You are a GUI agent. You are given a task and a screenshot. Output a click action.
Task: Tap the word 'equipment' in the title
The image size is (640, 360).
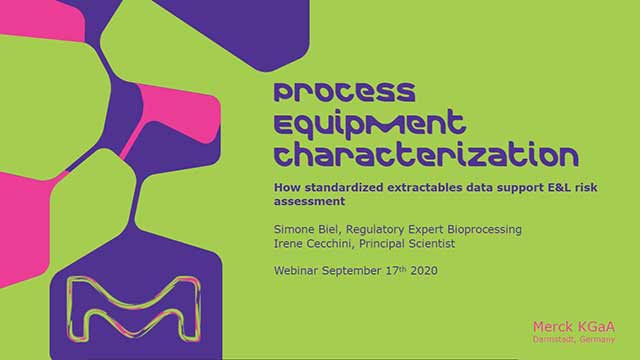[370, 124]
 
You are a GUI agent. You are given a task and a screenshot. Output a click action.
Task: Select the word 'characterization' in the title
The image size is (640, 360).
[425, 156]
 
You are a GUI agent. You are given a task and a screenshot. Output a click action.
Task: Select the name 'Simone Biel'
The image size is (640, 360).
[304, 230]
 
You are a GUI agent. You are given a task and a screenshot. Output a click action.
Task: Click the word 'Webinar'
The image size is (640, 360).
[298, 270]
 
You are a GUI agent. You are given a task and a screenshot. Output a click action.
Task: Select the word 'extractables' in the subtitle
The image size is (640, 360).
[424, 186]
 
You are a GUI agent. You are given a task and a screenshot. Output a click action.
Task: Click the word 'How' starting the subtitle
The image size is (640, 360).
[286, 186]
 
